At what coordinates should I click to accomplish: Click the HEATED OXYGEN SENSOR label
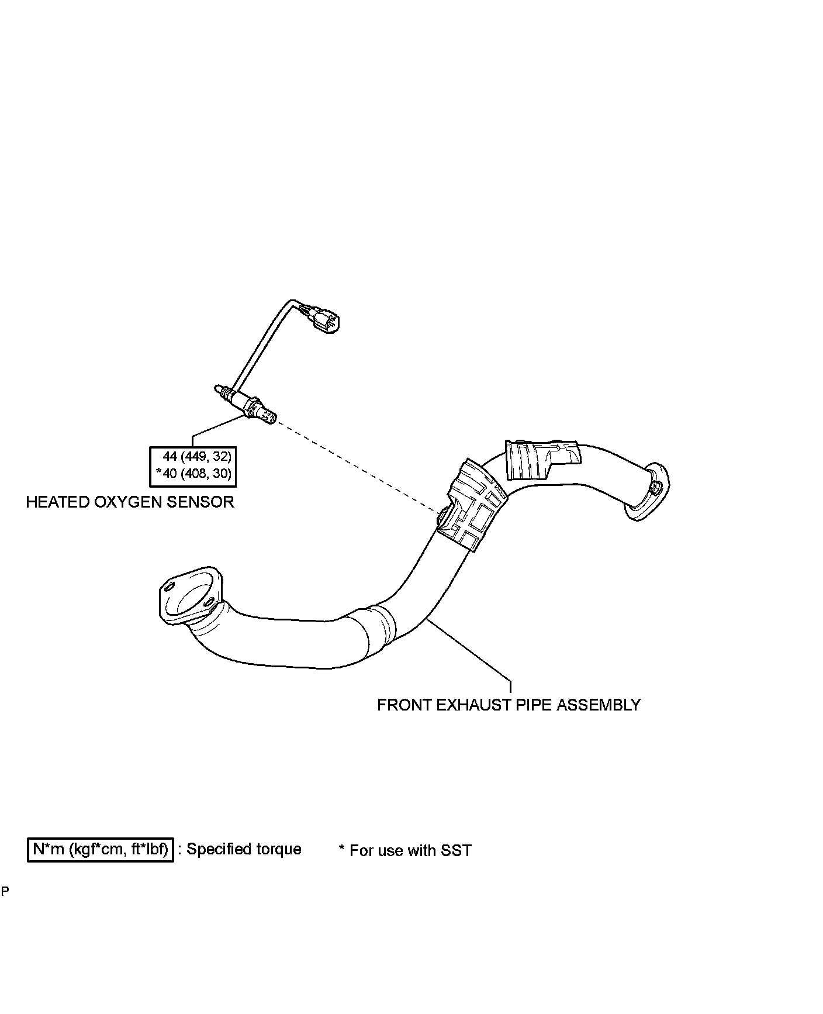click(x=130, y=502)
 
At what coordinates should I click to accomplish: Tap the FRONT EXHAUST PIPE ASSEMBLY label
click(x=509, y=705)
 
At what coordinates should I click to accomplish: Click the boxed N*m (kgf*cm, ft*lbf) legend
click(x=101, y=850)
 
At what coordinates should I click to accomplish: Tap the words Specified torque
click(x=244, y=849)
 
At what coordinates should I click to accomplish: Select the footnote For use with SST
click(x=405, y=850)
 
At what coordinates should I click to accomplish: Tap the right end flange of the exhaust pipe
click(x=647, y=491)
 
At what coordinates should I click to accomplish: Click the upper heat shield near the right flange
click(x=541, y=460)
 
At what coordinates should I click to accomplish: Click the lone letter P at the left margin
click(x=5, y=892)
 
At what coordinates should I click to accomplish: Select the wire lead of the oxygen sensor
click(x=257, y=345)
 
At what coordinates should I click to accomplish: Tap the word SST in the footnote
click(x=456, y=850)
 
